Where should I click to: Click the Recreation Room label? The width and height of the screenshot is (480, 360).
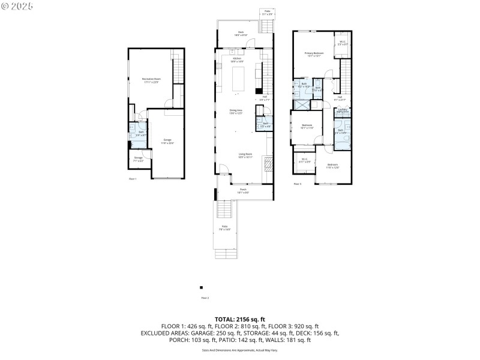pyautogui.click(x=151, y=80)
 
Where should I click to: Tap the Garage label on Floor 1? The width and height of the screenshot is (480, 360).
pyautogui.click(x=167, y=140)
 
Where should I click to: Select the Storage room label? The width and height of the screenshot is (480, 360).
pyautogui.click(x=139, y=159)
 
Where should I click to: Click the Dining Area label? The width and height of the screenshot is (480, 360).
pyautogui.click(x=236, y=111)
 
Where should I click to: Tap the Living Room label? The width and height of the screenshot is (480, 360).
pyautogui.click(x=245, y=155)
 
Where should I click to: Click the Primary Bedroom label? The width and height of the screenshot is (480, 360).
pyautogui.click(x=313, y=55)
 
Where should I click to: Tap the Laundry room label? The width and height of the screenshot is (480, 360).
pyautogui.click(x=342, y=110)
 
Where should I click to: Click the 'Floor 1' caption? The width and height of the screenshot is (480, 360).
pyautogui.click(x=133, y=179)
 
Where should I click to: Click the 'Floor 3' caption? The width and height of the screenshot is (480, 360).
pyautogui.click(x=297, y=184)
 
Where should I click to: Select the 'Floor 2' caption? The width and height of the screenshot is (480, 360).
pyautogui.click(x=205, y=298)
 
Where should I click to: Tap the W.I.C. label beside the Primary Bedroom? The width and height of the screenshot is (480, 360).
pyautogui.click(x=342, y=43)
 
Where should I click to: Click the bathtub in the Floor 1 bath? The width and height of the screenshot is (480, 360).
pyautogui.click(x=133, y=127)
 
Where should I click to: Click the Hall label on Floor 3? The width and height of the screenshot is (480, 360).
pyautogui.click(x=340, y=98)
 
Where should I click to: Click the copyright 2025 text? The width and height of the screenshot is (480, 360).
pyautogui.click(x=17, y=6)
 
